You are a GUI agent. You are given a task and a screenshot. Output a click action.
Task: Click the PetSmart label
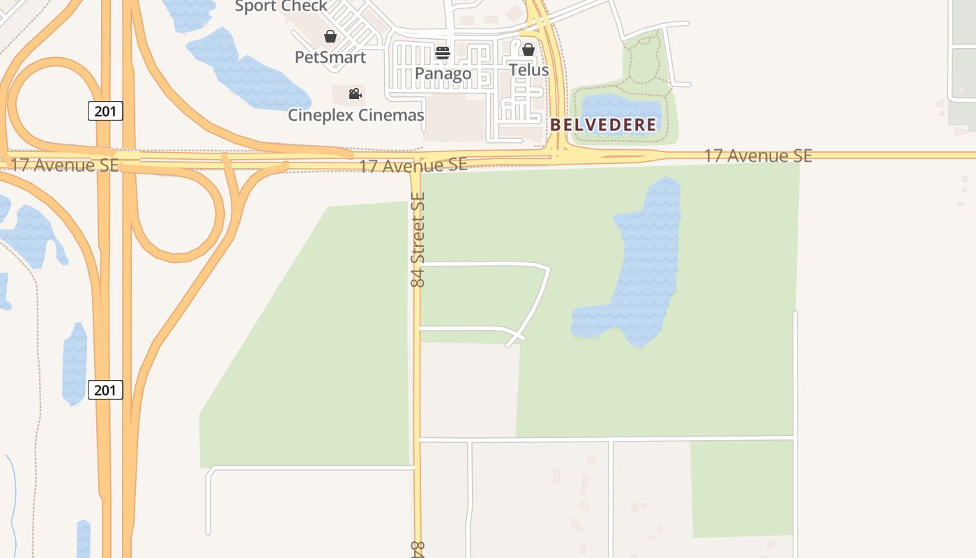[330, 57]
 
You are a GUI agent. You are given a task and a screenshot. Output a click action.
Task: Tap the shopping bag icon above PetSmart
[330, 36]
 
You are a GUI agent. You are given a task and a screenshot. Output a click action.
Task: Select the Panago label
[443, 73]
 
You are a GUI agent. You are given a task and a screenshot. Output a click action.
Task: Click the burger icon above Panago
[443, 53]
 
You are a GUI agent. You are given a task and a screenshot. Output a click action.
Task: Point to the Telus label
[528, 70]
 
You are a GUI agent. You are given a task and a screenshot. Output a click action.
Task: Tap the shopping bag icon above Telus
[528, 50]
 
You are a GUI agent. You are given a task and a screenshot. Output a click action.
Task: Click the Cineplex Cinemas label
[356, 115]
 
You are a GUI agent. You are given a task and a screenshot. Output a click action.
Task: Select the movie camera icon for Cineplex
[356, 93]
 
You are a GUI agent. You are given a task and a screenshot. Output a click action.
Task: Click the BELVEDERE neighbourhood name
[603, 126]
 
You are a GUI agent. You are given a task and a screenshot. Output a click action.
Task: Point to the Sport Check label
[281, 7]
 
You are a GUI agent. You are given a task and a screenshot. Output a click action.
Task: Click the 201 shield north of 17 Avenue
[105, 110]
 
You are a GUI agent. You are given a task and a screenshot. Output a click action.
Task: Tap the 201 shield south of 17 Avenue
[105, 390]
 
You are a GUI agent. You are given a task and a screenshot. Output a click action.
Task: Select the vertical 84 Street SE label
[418, 239]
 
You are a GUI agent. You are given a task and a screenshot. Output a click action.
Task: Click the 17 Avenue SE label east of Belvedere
[758, 156]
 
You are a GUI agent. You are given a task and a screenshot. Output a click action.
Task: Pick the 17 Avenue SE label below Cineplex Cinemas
[413, 165]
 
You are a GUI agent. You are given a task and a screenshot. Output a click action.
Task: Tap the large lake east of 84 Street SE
[645, 265]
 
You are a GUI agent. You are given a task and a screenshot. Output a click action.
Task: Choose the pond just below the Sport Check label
[244, 70]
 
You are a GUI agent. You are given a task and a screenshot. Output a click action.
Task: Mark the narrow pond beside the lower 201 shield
[75, 363]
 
